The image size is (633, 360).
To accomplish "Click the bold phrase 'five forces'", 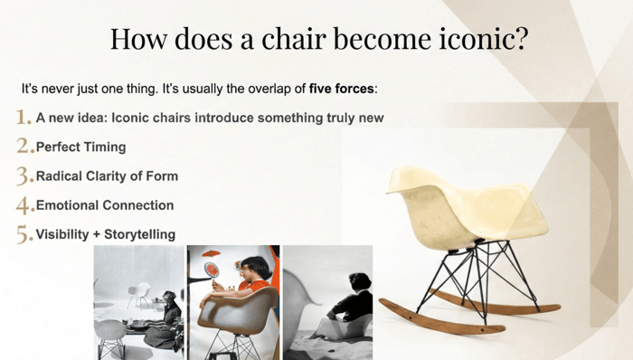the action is (x=342, y=89).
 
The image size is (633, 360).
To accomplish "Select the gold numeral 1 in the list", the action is (x=24, y=117).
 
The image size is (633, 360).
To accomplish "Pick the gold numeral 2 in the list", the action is (x=25, y=146).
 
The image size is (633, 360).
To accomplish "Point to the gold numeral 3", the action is (x=25, y=176).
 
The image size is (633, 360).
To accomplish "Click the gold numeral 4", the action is (x=25, y=205).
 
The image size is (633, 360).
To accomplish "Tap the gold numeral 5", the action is (x=25, y=235).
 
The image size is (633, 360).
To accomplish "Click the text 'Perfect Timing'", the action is (x=81, y=147).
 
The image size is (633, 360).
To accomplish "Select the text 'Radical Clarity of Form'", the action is (x=107, y=176).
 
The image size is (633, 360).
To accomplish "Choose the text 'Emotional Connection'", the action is (x=105, y=205).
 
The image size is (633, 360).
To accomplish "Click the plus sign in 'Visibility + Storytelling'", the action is (x=97, y=234).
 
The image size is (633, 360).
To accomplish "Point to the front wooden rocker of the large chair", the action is (x=441, y=317).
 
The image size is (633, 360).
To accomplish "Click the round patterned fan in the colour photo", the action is (x=212, y=270).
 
